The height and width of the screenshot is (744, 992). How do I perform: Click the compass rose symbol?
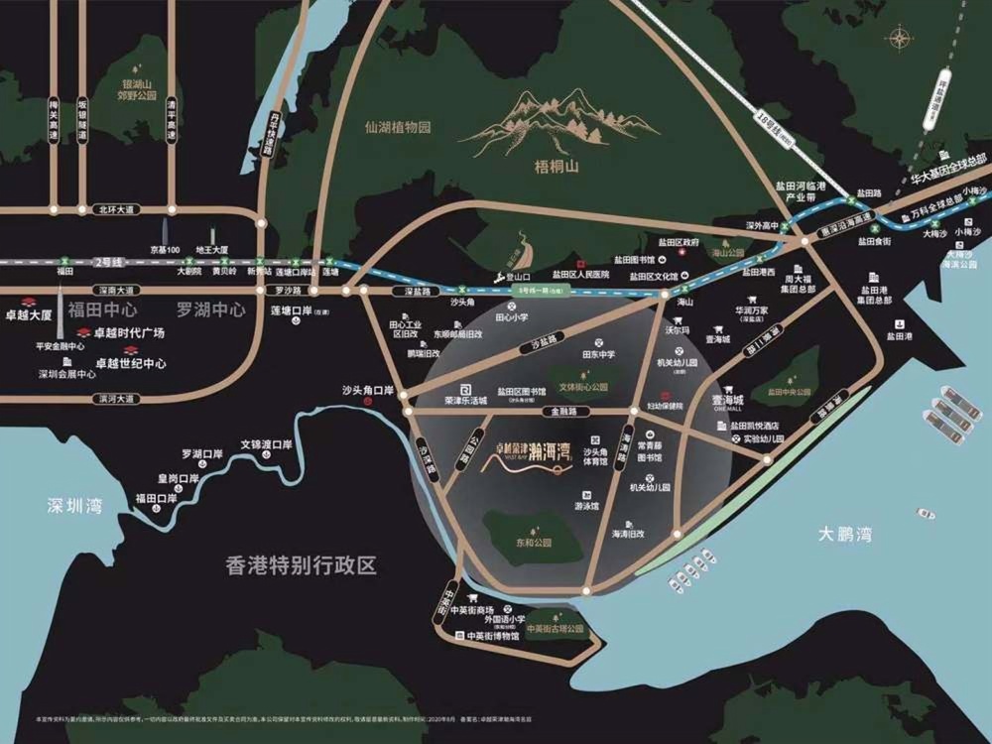click(901, 40)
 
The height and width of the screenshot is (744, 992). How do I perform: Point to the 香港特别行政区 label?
click(303, 566)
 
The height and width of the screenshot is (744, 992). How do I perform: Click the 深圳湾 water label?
click(74, 506)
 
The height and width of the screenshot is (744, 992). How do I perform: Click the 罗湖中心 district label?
click(210, 309)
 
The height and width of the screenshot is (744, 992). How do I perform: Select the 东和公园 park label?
click(534, 543)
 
